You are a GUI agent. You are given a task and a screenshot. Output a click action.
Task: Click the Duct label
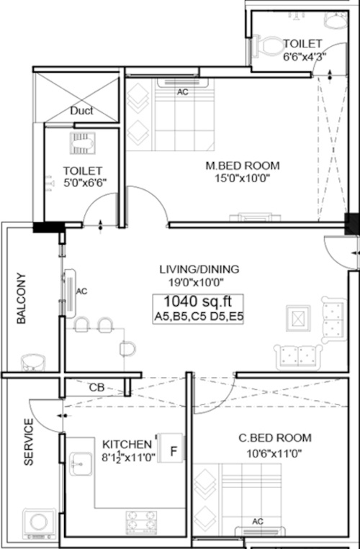[81, 111]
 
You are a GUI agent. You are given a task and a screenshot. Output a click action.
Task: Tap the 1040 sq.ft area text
[198, 301]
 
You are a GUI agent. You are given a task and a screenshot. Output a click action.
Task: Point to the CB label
[96, 388]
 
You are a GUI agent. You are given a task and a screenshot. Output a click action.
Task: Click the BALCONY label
[22, 299]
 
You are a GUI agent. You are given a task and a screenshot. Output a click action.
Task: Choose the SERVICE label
[29, 442]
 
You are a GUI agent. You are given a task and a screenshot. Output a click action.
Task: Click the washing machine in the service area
[39, 524]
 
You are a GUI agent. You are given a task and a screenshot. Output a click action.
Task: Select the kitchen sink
[81, 464]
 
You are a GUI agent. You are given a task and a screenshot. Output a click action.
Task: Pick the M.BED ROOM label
[243, 165]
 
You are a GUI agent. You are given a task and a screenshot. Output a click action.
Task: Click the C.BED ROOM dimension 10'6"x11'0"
[274, 454]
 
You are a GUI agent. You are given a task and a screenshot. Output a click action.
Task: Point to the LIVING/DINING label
[199, 269]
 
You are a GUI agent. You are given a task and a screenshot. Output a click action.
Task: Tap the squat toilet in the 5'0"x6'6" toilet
[82, 143]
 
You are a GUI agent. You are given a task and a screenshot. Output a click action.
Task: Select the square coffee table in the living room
[298, 318]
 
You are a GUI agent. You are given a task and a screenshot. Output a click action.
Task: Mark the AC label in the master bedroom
[182, 92]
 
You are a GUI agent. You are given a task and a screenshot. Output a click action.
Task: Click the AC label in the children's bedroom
[257, 522]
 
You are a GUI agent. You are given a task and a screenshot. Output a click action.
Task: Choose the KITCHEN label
[127, 445]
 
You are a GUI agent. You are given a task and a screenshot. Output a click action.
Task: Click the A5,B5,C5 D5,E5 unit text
[199, 317]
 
